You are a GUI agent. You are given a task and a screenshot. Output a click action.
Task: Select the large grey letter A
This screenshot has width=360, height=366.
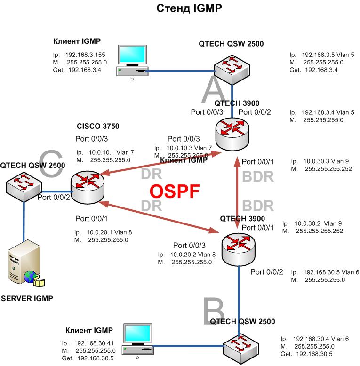[215, 90]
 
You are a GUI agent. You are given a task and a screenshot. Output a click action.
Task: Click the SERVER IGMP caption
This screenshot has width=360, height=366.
[26, 298]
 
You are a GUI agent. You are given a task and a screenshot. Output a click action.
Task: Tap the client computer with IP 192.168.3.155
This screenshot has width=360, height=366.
[132, 61]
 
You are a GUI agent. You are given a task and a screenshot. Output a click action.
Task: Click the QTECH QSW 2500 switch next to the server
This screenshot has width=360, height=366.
[22, 185]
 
